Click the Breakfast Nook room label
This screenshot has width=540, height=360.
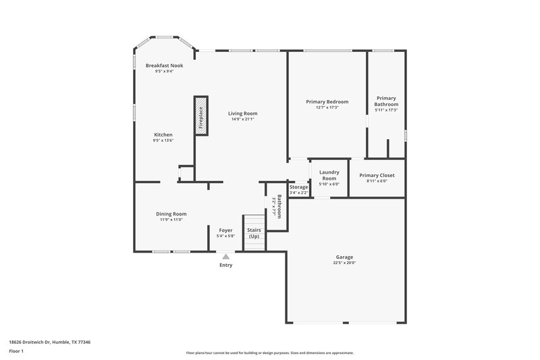[164, 66]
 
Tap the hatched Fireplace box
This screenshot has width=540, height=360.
[200, 115]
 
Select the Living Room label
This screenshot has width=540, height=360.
[242, 113]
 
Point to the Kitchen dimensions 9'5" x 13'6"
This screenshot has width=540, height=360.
[163, 140]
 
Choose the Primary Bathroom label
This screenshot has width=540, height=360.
[386, 101]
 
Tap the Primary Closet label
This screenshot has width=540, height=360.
[377, 175]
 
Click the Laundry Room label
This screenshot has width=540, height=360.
[329, 175]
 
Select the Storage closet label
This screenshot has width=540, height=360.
[298, 187]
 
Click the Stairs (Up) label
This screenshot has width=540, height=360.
[254, 234]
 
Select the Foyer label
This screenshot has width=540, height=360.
[225, 230]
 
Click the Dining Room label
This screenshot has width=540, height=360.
[171, 213]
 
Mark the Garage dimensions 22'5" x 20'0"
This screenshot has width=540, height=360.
[344, 263]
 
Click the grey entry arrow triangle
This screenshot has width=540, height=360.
[225, 257]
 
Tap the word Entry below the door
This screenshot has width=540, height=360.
[225, 265]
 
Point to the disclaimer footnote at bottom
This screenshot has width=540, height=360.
[269, 353]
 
